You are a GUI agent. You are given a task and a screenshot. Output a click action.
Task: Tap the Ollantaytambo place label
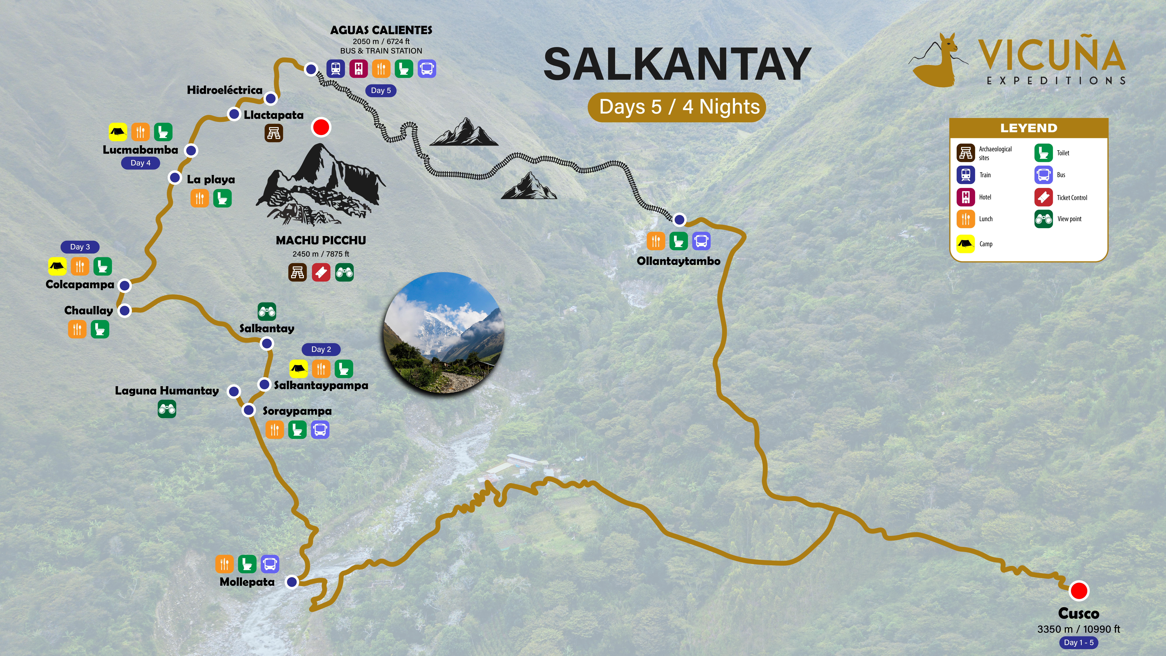click(678, 261)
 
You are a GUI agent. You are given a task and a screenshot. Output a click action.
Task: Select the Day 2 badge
click(321, 350)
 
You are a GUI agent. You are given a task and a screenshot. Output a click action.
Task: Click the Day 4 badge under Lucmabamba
click(140, 163)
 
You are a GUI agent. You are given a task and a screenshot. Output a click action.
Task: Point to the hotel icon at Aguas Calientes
click(359, 69)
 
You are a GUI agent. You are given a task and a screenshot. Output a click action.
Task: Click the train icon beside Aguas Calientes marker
click(335, 69)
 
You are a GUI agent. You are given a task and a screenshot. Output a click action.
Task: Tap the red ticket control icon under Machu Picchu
click(321, 273)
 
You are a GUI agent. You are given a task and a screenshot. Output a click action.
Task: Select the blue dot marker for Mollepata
click(292, 582)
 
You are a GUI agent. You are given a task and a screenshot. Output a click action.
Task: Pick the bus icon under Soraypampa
click(320, 430)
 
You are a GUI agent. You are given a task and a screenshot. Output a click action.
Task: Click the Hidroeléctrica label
click(224, 90)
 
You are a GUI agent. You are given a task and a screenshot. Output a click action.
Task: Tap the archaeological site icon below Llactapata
click(274, 133)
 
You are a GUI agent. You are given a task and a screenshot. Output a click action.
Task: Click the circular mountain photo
click(444, 333)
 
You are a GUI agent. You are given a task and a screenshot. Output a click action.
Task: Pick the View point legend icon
click(1043, 219)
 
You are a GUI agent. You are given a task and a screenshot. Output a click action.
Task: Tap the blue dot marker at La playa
click(175, 177)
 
